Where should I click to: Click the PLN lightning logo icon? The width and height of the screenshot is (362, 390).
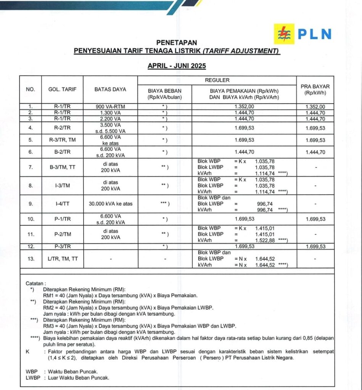[x=284, y=34]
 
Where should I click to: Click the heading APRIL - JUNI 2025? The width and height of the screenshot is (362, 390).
[x=177, y=66]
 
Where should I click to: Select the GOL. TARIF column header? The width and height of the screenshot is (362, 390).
[x=62, y=90]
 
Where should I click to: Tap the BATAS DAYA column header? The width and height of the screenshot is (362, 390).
[x=110, y=90]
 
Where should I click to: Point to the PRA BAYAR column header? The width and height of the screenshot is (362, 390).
[x=315, y=90]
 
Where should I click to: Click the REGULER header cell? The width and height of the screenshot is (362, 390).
[x=217, y=80]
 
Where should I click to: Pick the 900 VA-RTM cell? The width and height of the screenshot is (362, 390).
[x=110, y=107]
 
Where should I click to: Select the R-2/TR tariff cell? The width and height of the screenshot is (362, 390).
[x=62, y=128]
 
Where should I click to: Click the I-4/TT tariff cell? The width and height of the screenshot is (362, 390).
[x=62, y=204]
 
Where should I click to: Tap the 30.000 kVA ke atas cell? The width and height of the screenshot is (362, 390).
[x=110, y=204]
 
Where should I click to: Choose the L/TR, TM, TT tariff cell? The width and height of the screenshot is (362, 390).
[x=62, y=259]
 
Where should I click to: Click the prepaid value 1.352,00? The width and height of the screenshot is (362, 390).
[x=315, y=107]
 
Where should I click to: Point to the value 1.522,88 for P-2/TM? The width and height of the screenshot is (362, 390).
[x=265, y=240]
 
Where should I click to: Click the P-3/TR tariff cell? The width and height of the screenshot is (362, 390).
[x=62, y=246]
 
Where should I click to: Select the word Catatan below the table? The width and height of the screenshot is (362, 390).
[x=35, y=283]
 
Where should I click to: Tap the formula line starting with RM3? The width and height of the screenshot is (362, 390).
[x=140, y=326]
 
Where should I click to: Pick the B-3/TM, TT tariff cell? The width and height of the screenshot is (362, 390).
[x=62, y=167]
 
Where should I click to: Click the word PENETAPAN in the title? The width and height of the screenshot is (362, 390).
[x=177, y=43]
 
